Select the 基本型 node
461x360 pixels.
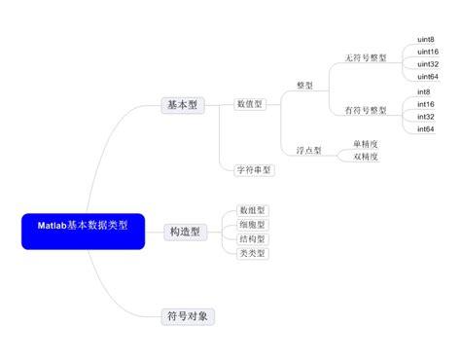click(183, 105)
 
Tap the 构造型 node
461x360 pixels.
click(184, 231)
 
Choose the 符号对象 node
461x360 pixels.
click(186, 315)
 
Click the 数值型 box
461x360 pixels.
click(250, 104)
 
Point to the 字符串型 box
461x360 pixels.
click(255, 169)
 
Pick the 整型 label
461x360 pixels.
click(304, 86)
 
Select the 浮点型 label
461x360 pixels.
click(308, 150)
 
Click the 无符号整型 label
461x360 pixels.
click(366, 58)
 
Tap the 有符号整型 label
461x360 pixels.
click(366, 110)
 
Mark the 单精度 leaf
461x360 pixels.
click(366, 144)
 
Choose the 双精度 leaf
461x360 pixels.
click(366, 156)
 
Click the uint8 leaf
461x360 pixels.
click(425, 40)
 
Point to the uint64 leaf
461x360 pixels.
click(427, 77)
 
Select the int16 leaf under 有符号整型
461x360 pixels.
click(425, 104)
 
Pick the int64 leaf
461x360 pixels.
click(425, 129)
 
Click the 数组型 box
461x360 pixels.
click(252, 209)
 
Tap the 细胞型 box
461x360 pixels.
click(252, 224)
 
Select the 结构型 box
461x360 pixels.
click(252, 238)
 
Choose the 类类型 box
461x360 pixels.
click(252, 253)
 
